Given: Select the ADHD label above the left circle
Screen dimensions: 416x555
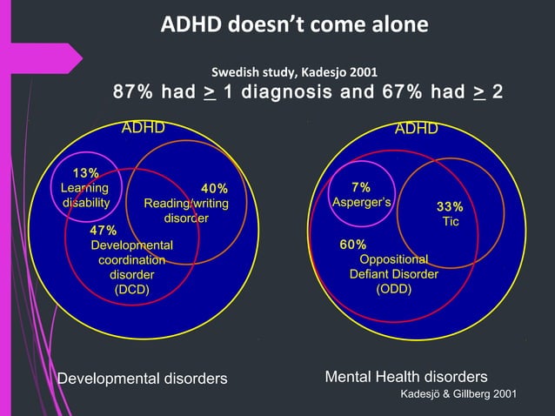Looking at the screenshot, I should pyautogui.click(x=143, y=129).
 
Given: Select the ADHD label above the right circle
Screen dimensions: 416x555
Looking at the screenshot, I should pyautogui.click(x=417, y=129).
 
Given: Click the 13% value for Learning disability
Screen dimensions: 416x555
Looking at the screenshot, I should pyautogui.click(x=85, y=173).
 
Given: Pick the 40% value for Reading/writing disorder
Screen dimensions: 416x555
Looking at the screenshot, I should pyautogui.click(x=214, y=189).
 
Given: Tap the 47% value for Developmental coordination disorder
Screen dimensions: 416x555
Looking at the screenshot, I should pyautogui.click(x=104, y=231).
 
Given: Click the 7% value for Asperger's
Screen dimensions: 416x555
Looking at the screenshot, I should pyautogui.click(x=361, y=187).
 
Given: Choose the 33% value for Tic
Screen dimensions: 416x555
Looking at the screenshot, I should pyautogui.click(x=450, y=207).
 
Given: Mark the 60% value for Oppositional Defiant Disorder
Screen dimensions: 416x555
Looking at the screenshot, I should pyautogui.click(x=352, y=245).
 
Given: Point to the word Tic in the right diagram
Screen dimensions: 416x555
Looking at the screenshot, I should pyautogui.click(x=450, y=222).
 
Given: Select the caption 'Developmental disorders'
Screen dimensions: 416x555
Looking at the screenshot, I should pyautogui.click(x=142, y=378).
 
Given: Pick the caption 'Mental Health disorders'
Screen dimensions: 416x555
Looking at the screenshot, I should pyautogui.click(x=405, y=377).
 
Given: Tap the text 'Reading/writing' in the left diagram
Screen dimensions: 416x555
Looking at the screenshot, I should pyautogui.click(x=186, y=204).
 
